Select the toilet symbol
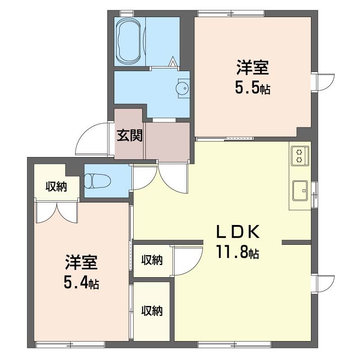97,181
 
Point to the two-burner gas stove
300,156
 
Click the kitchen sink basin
300,190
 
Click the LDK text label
238,232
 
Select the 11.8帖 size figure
238,252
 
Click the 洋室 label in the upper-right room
252,67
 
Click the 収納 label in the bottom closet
152,311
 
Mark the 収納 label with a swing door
152,260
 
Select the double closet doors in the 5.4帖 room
56,212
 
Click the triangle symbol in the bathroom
173,62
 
